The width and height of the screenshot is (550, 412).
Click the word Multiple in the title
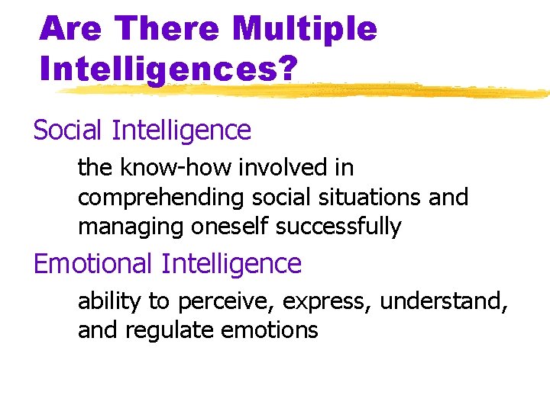305,29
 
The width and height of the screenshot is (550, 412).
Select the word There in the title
170,29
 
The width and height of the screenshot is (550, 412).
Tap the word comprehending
158,198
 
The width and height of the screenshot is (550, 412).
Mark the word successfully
338,227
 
